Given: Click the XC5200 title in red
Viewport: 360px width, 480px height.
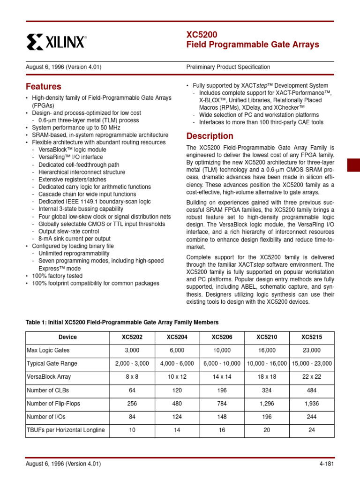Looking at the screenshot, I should coord(202,35).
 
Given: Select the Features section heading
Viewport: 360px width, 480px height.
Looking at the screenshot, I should coord(43,87).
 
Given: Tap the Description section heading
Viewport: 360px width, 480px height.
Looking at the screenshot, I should coord(210,136).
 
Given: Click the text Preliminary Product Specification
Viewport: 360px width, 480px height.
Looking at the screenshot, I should coord(228,67).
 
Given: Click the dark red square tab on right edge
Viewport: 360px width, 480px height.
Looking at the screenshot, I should coord(353,165).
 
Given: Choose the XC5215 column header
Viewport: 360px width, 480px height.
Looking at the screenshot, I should coord(311,337).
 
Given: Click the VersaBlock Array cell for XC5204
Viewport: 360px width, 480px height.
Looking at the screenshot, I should coord(176,377).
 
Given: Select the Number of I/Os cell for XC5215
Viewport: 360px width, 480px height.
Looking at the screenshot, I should coord(311,417).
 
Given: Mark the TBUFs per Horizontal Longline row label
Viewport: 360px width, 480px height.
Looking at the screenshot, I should coord(66,430).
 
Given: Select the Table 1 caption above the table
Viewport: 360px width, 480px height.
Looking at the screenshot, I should coord(122,322).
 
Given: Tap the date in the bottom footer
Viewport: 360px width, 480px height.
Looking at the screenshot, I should coord(63,464).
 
